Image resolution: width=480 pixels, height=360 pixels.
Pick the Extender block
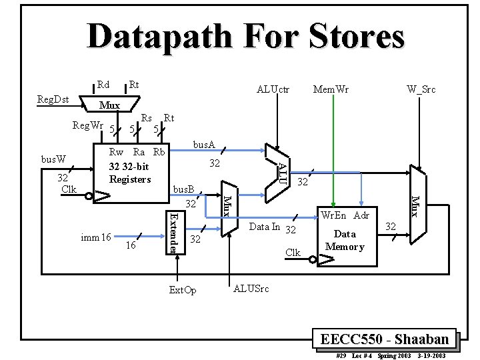point(173,231)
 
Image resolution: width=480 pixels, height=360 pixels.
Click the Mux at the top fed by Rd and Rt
point(109,105)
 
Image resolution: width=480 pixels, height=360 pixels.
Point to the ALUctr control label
point(273,89)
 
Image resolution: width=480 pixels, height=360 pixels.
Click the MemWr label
point(331,89)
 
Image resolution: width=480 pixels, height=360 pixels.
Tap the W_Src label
point(421,89)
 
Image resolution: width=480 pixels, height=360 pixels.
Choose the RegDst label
point(53,99)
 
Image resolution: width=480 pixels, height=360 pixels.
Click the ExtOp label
point(183,290)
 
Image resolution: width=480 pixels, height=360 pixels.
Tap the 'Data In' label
point(264,227)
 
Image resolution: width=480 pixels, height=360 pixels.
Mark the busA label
point(203,144)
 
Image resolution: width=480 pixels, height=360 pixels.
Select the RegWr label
point(89,125)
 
